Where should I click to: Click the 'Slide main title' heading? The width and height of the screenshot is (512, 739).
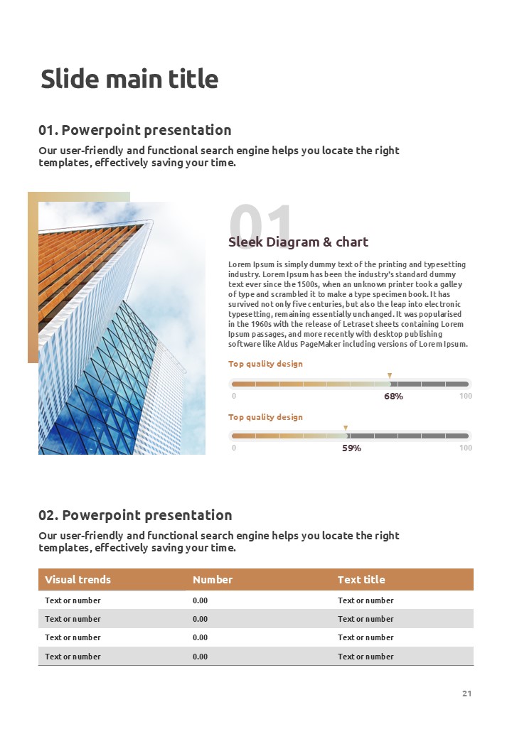(129, 79)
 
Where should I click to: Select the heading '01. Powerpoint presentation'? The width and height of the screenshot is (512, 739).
(135, 130)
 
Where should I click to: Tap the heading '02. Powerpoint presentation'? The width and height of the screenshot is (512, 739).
(135, 515)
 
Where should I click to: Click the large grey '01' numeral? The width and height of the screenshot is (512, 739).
(260, 222)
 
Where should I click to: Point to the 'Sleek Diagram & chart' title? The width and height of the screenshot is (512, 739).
(298, 242)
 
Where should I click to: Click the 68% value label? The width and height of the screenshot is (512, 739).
(393, 397)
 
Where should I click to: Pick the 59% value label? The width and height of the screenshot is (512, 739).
(351, 448)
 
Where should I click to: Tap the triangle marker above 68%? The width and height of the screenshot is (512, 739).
(390, 375)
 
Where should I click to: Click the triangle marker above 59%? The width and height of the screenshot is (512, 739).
(346, 428)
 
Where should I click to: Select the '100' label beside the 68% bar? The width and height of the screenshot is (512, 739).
(466, 397)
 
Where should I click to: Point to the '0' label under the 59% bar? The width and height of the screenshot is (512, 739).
(234, 448)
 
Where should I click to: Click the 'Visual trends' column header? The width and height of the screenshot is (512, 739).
(78, 580)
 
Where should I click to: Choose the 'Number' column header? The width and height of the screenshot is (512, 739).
(213, 580)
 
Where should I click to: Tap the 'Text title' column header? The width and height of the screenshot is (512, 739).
(361, 580)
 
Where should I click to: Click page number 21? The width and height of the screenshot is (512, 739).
(466, 694)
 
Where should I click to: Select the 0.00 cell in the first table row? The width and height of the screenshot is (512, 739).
(201, 600)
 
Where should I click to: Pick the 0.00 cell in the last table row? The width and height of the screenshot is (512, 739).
(201, 657)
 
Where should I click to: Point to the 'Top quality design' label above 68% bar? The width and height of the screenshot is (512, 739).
(265, 364)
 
